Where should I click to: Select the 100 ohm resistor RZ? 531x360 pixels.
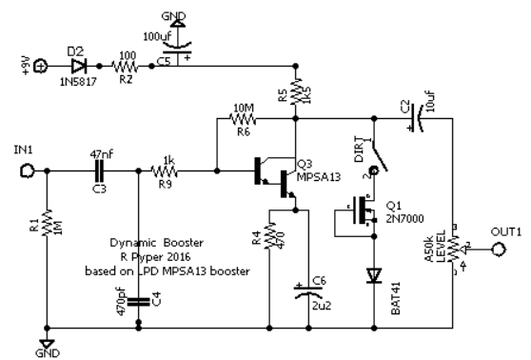point(125,68)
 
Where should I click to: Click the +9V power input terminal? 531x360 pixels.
point(41,68)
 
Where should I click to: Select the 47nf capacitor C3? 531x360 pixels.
point(99,172)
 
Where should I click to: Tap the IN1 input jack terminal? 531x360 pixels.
point(29,172)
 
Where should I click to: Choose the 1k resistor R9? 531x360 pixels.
point(168,172)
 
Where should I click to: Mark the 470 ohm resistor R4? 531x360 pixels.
point(272,232)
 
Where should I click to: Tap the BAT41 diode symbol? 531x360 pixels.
point(373,276)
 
